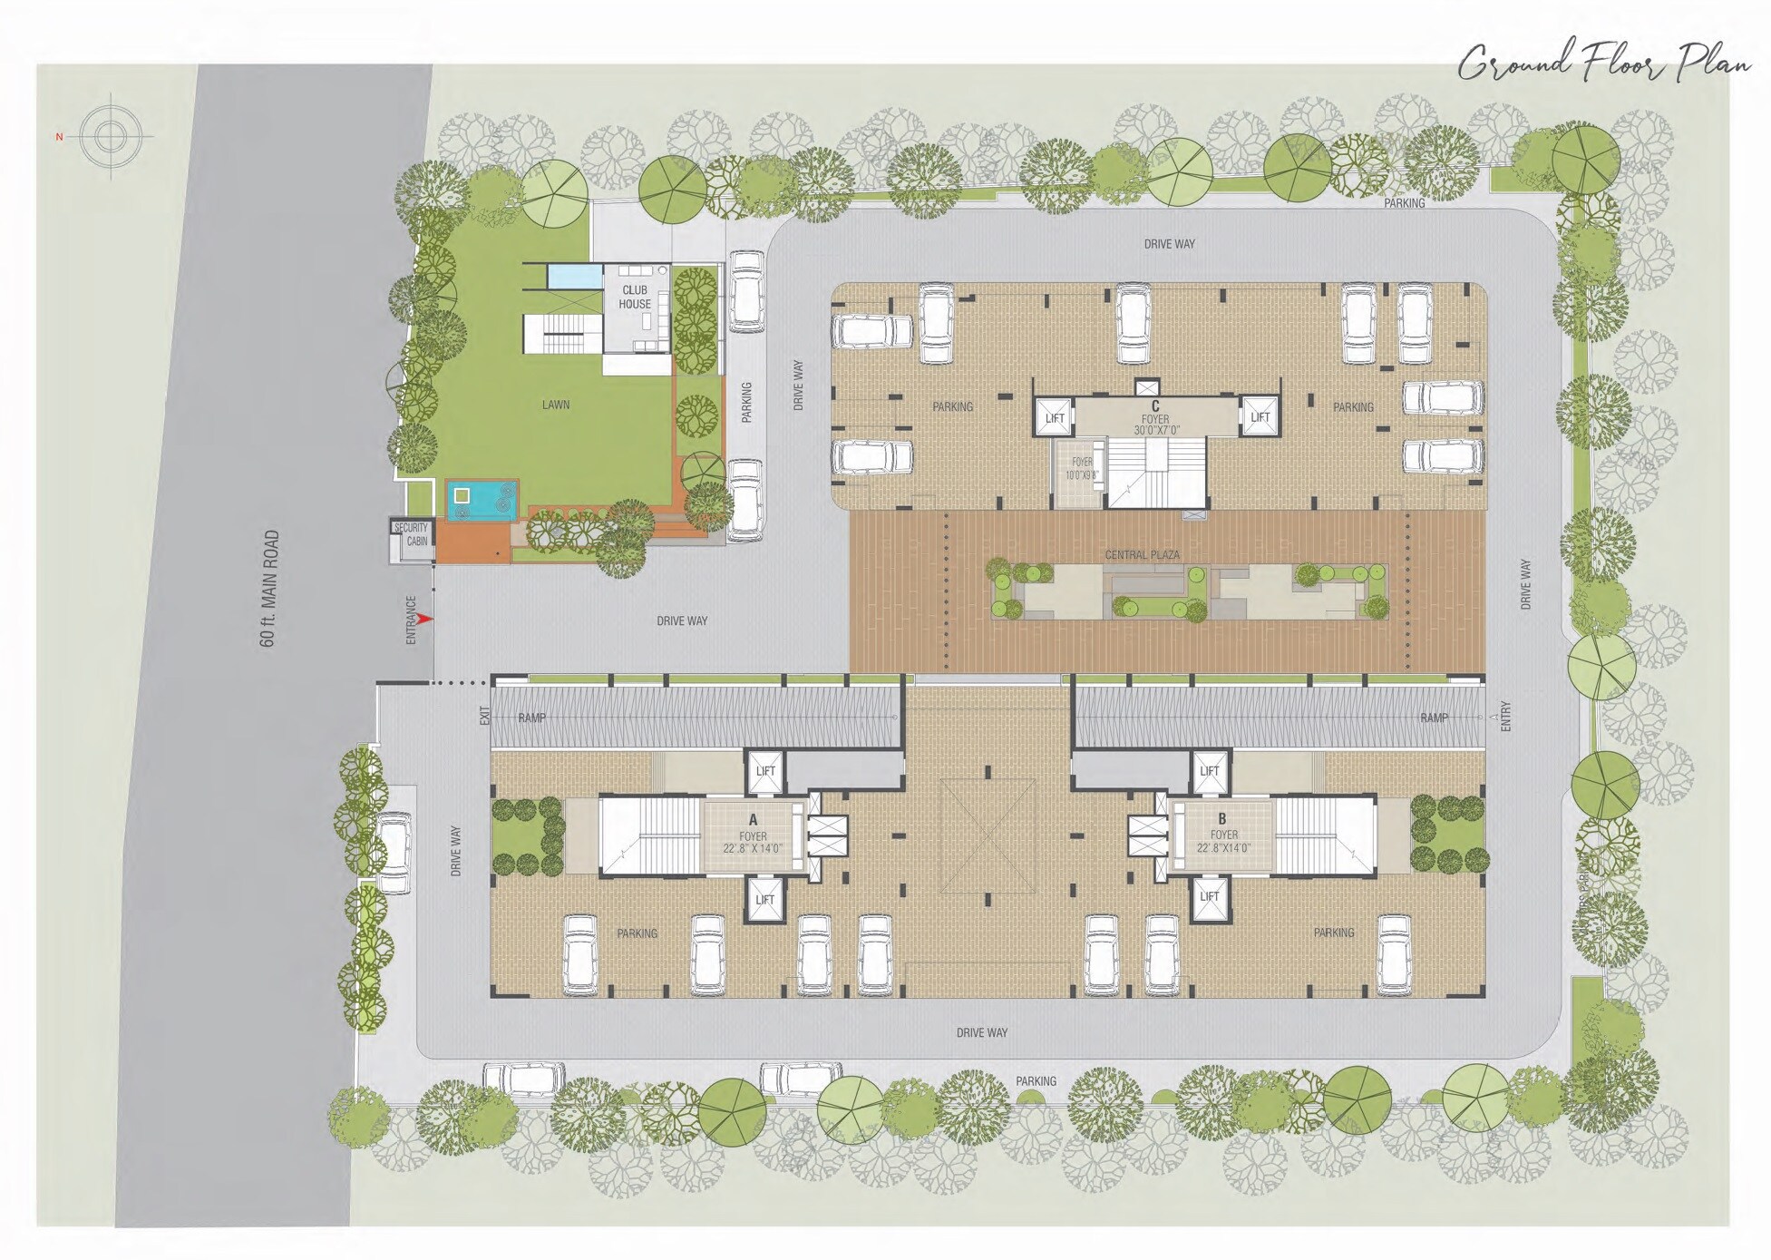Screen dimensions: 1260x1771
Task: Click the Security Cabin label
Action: [412, 534]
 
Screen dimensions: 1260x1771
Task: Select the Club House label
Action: [635, 298]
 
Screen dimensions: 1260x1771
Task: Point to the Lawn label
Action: [556, 405]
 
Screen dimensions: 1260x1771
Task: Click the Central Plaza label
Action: [1142, 554]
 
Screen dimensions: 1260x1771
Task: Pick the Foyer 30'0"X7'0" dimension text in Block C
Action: [1155, 430]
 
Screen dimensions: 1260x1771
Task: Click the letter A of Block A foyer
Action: [753, 820]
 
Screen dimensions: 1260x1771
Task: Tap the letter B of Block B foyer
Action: [1222, 819]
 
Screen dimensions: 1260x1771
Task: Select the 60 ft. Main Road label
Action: [268, 589]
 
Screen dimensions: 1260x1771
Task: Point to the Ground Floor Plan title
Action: [1603, 63]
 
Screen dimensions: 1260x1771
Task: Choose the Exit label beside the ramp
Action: [485, 716]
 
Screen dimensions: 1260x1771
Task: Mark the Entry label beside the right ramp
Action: [1506, 716]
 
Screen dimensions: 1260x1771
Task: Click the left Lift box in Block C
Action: [1055, 418]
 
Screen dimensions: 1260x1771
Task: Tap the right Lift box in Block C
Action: [1260, 417]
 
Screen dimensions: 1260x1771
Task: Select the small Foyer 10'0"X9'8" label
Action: [1079, 468]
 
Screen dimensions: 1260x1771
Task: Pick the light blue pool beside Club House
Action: [575, 274]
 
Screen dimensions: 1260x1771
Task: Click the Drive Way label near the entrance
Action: [682, 621]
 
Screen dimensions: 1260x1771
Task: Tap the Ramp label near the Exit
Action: [532, 718]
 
